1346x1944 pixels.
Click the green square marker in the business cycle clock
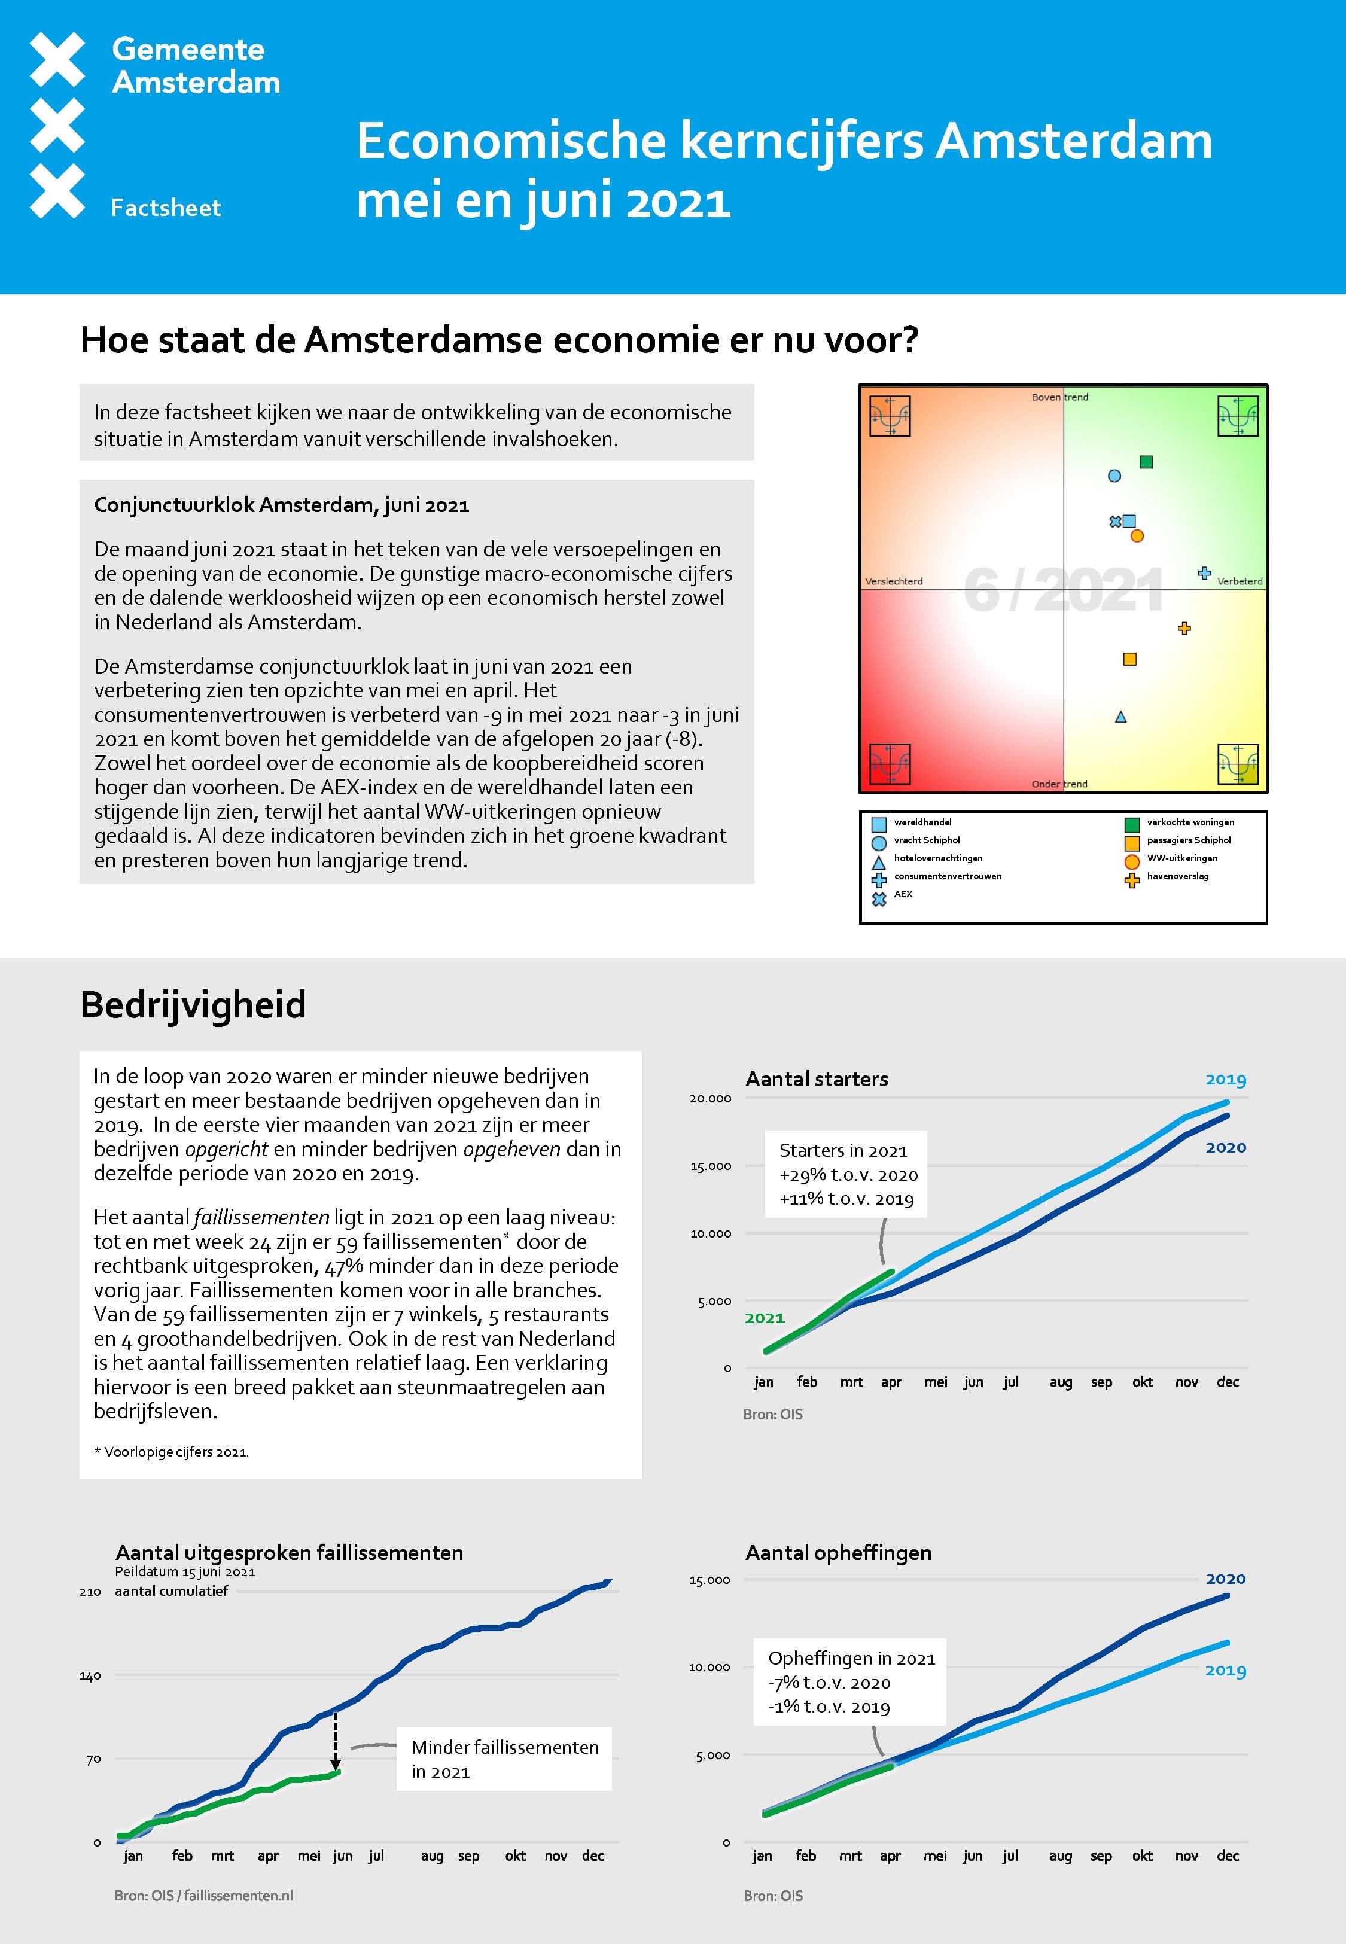(1145, 462)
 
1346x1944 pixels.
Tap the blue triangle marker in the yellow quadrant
(1121, 717)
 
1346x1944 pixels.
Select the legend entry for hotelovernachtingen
(938, 858)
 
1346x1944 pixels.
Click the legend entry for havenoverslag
(1177, 877)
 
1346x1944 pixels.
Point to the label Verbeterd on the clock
(1239, 581)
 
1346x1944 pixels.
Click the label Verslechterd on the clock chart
(894, 581)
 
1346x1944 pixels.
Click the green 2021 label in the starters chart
(764, 1318)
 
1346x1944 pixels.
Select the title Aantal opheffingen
(838, 1553)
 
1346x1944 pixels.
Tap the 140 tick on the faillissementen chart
(90, 1676)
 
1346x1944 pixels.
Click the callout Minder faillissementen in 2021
(504, 1759)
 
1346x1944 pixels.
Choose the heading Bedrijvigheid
(193, 1005)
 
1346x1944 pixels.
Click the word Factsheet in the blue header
(166, 208)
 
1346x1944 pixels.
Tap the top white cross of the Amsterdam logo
(57, 59)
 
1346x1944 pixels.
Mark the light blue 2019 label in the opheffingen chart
(1225, 1671)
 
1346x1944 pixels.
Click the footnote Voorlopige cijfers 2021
(172, 1452)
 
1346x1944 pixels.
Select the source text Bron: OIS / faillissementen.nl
(204, 1895)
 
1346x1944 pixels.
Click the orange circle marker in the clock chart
(1137, 536)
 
